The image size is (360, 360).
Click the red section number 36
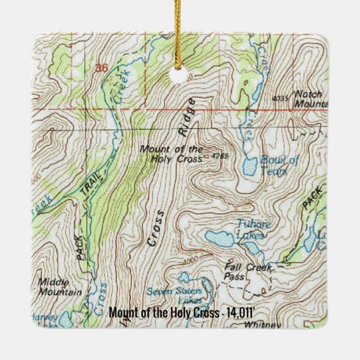click(x=101, y=68)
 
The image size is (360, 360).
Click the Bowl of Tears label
click(x=279, y=166)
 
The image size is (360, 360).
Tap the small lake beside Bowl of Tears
click(x=249, y=166)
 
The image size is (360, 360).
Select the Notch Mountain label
click(x=311, y=98)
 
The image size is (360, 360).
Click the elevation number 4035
click(x=280, y=98)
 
